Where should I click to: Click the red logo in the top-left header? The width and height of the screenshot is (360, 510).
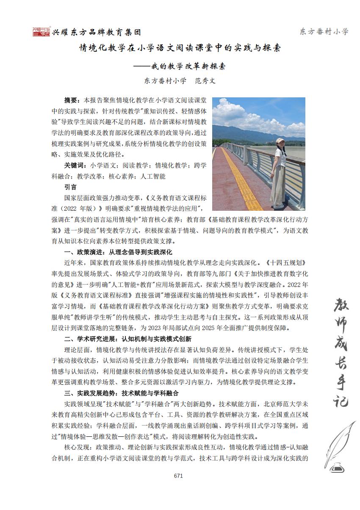point(42,32)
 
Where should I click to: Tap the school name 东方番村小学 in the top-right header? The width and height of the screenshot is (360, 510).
point(324,32)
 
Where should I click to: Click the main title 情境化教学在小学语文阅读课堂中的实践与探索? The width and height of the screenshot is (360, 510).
point(180,48)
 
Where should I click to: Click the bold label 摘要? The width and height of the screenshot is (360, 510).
point(71,100)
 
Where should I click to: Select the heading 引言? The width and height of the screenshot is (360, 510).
point(70,187)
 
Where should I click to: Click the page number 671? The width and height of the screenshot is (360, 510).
point(178,475)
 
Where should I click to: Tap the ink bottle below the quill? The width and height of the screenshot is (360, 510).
point(338,466)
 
